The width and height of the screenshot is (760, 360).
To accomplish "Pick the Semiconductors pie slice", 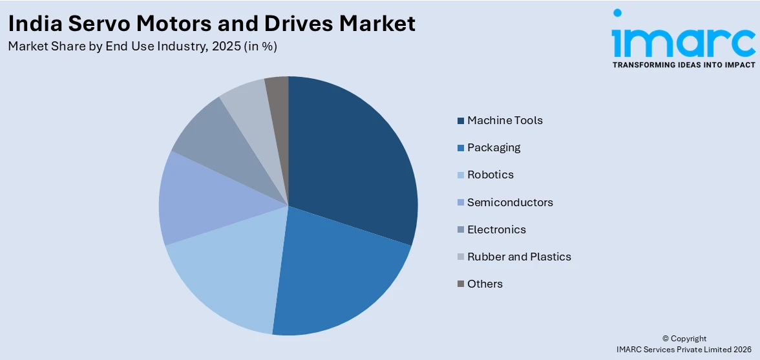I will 194,200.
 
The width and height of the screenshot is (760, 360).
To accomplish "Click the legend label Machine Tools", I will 505,120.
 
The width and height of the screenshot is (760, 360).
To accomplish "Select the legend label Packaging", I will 494,147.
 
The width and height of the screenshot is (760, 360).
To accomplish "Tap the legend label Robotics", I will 491,175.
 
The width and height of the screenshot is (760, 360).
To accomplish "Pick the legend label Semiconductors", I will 510,202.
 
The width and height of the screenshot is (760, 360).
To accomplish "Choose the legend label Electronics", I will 496,229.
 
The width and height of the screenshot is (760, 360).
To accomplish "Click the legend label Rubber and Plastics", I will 519,257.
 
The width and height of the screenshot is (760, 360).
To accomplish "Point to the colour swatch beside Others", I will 460,284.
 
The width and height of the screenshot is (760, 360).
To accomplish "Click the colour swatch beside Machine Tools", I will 460,121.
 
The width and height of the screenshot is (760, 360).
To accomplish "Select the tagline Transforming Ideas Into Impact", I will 684,65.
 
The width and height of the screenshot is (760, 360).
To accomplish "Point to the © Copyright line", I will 684,339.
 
